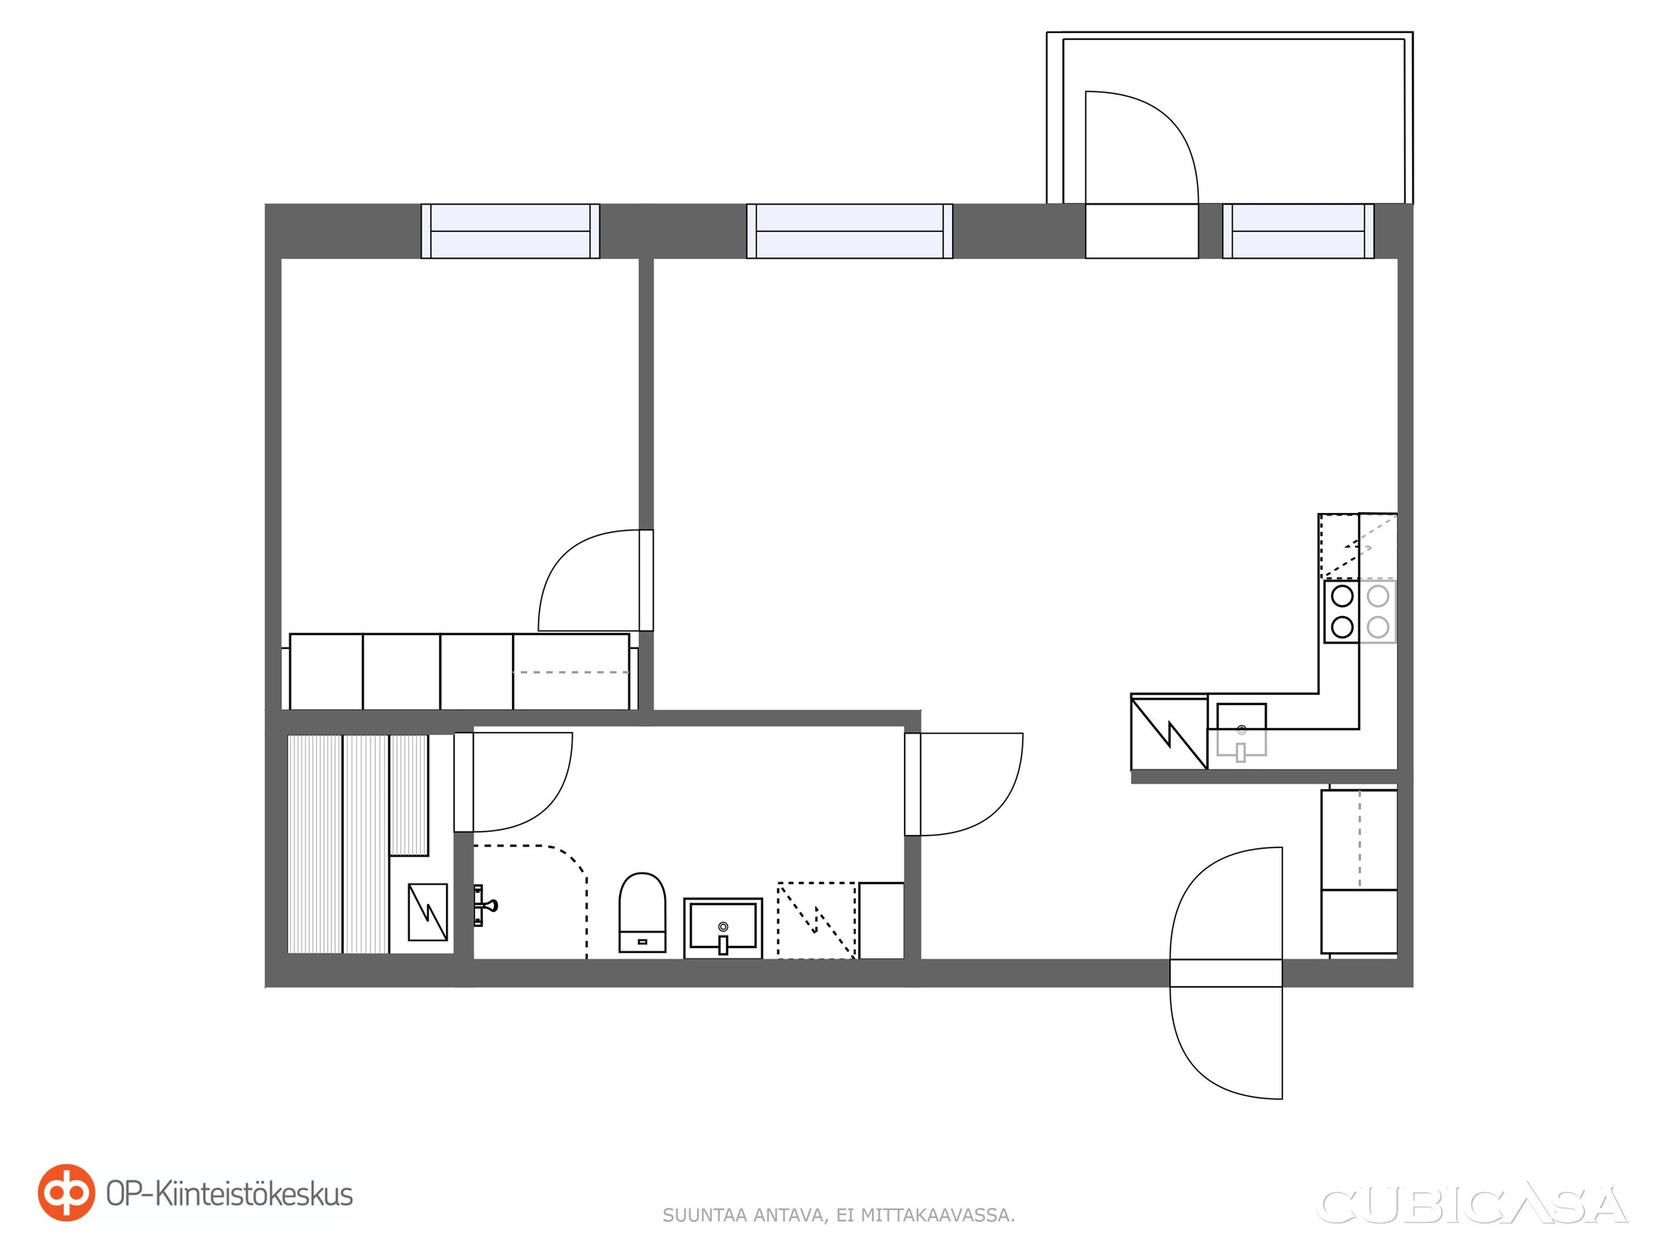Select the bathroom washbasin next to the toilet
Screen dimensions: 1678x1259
point(723,928)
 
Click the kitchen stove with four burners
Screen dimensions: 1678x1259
point(1359,611)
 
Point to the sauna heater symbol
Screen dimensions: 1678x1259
point(428,913)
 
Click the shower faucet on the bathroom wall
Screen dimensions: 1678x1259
point(484,905)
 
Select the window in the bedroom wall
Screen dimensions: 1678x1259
point(510,231)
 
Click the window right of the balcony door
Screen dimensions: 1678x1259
point(1298,231)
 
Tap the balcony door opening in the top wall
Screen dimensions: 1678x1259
point(1141,231)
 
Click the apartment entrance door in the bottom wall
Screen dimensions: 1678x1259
point(1226,973)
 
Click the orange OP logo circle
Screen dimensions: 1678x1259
point(67,1193)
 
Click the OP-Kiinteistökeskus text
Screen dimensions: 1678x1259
point(229,1194)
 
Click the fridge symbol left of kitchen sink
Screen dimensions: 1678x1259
point(1169,732)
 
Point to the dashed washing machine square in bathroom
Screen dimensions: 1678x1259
point(816,920)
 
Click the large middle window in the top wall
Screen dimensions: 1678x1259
point(850,231)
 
